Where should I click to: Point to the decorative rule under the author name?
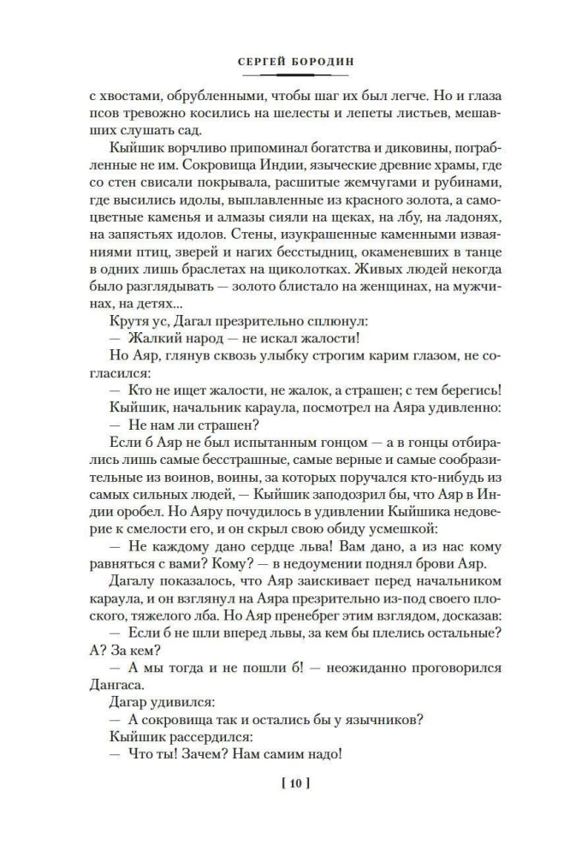coord(282,75)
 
